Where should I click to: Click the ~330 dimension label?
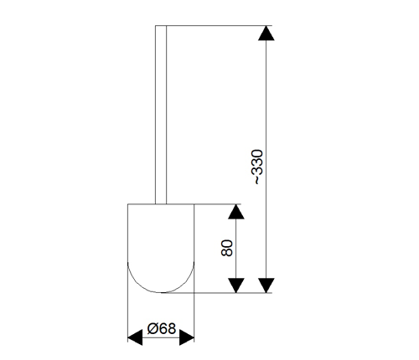[x=257, y=167]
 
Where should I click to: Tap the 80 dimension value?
[x=226, y=248]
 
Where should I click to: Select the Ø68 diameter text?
[x=162, y=328]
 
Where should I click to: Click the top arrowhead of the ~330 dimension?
[x=266, y=33]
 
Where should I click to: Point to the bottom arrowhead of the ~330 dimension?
[x=266, y=285]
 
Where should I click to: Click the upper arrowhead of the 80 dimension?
[x=236, y=212]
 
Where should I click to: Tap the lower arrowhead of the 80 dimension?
[x=236, y=285]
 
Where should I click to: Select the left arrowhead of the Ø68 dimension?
[x=135, y=337]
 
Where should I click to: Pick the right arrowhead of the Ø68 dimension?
[x=187, y=337]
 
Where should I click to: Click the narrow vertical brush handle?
[x=161, y=115]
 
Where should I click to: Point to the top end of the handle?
[x=161, y=26]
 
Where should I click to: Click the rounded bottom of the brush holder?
[x=161, y=292]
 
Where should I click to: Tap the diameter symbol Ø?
[x=153, y=328]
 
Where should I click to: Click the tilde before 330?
[x=257, y=180]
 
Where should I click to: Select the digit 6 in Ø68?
[x=163, y=328]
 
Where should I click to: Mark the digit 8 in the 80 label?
[x=226, y=252]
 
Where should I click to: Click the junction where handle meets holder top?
[x=161, y=204]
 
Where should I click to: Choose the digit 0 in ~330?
[x=257, y=153]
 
